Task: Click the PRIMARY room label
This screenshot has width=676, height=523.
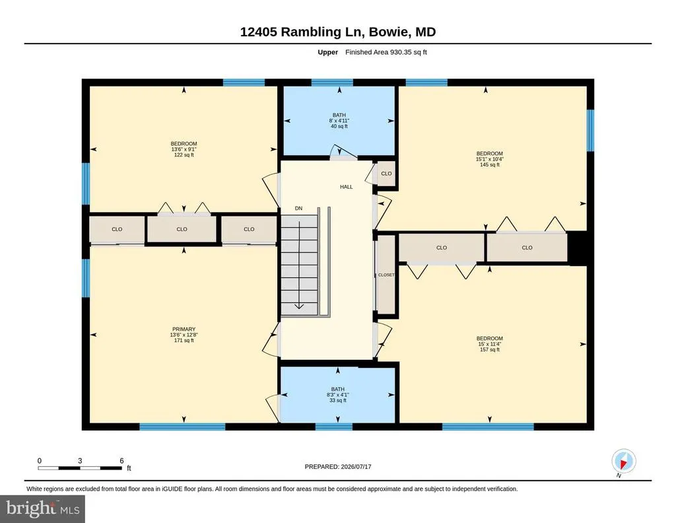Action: point(184,329)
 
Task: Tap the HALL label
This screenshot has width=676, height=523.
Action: point(346,187)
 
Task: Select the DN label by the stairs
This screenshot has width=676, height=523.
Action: point(299,208)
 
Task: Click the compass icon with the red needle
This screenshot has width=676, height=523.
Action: point(623,461)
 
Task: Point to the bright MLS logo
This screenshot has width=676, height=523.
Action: point(43,508)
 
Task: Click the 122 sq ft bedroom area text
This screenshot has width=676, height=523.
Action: point(184,155)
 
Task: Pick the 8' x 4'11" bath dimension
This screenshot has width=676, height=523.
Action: point(339,121)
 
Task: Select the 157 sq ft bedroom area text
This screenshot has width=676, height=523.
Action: point(490,350)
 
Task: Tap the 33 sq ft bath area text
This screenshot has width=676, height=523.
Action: point(337,400)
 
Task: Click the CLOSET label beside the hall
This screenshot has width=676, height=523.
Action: point(386,275)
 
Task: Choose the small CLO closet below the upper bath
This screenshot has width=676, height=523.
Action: point(386,174)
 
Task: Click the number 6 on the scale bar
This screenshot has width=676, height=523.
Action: point(121,460)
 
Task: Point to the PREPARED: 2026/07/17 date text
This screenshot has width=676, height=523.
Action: point(338,466)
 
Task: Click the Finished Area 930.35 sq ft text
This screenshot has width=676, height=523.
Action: point(386,52)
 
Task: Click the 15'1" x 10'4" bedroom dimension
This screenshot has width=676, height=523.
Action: point(490,158)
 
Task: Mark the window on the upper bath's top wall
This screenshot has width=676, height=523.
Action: point(332,83)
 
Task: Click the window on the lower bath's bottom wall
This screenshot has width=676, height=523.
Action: point(333,427)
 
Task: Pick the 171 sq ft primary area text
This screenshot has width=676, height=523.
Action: point(184,340)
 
